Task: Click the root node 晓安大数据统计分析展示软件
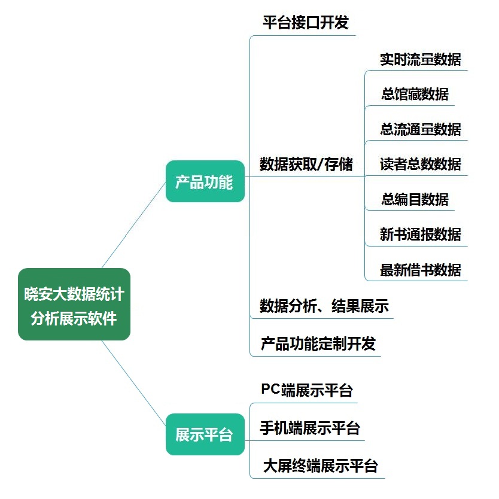74,304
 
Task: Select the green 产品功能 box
205,181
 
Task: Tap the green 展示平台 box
205,434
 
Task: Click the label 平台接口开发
305,23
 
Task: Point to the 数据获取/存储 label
306,164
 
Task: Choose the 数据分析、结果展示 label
324,306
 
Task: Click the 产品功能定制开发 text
318,343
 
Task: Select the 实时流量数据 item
420,59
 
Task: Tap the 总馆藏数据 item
415,94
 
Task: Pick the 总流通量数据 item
420,129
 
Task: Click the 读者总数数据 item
420,164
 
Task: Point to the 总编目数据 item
415,199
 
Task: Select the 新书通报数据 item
420,234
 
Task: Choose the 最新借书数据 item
420,269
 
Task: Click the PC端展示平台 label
307,390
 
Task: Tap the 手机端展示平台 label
309,428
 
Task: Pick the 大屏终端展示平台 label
320,465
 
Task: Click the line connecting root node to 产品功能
135,224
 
